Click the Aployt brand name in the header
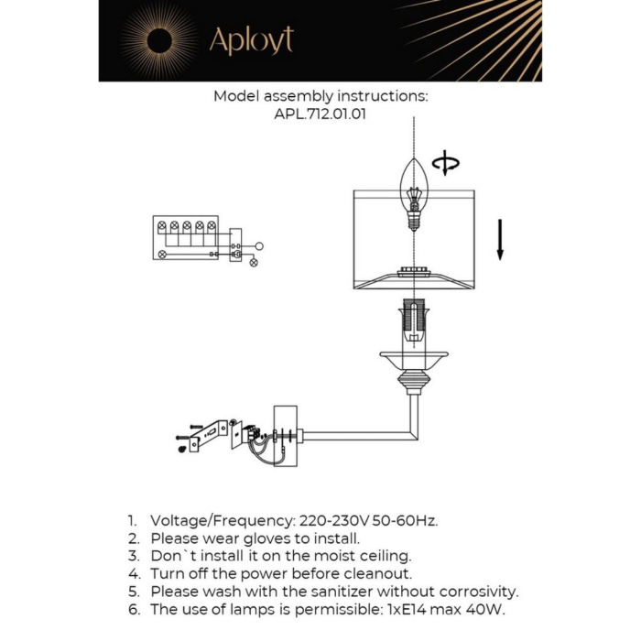pyautogui.click(x=251, y=40)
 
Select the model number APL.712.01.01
pyautogui.click(x=320, y=114)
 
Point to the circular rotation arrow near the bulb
pyautogui.click(x=446, y=164)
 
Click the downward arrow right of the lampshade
pyautogui.click(x=500, y=240)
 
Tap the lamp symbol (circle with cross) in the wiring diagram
pyautogui.click(x=255, y=262)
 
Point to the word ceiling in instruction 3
pyautogui.click(x=383, y=556)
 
